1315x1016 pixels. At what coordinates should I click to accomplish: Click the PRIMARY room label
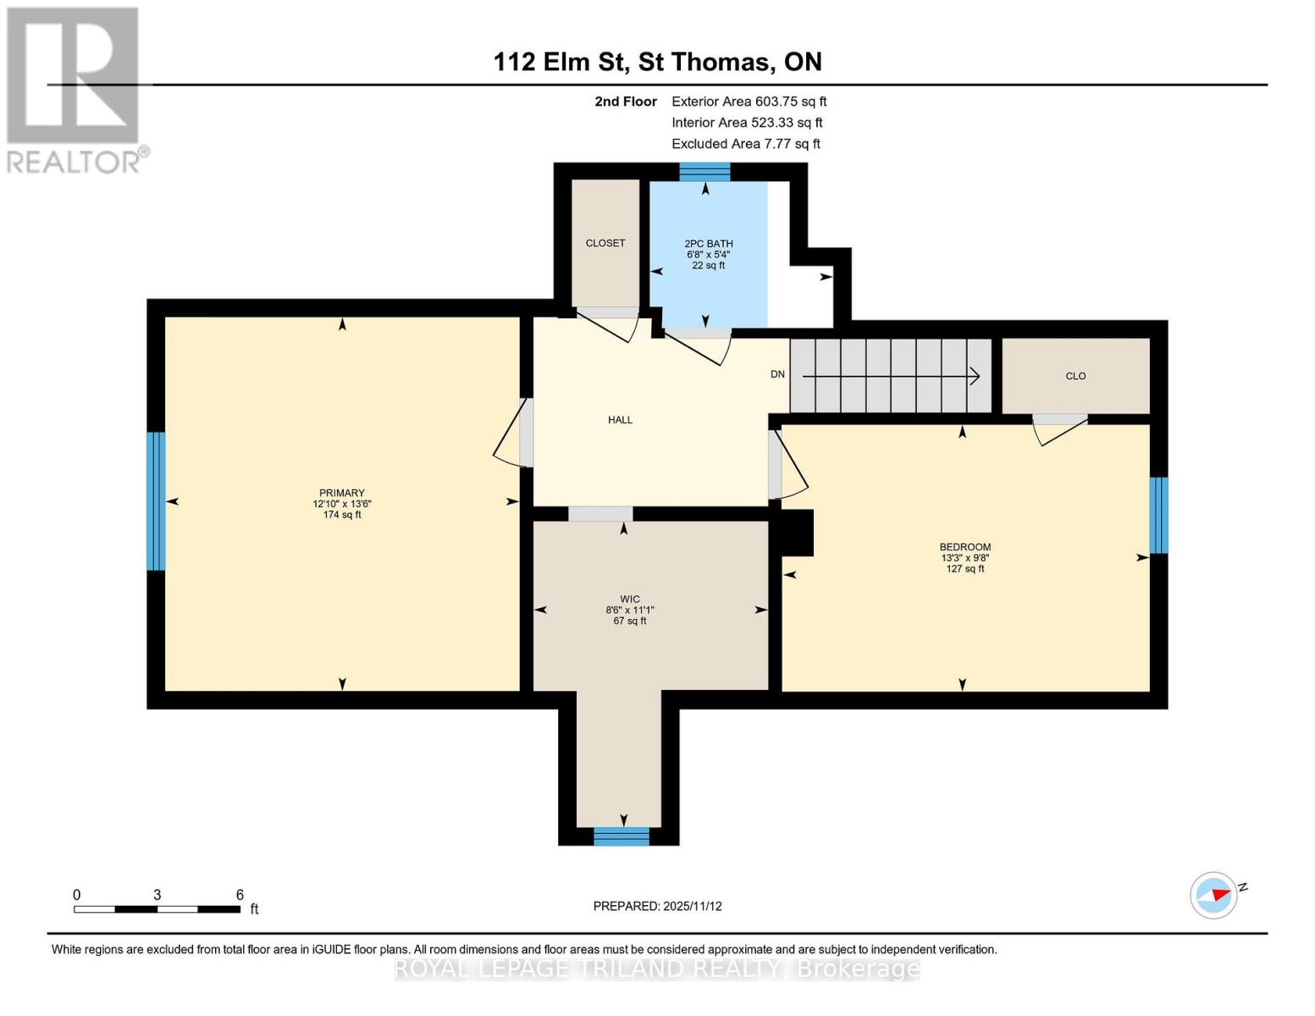click(341, 493)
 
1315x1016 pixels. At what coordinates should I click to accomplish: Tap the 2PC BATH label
click(708, 244)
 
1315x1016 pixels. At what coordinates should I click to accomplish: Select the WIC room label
click(629, 599)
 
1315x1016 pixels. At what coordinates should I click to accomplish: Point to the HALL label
click(620, 420)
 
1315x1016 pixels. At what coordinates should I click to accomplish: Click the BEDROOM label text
click(964, 547)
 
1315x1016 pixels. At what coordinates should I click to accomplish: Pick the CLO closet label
click(1075, 376)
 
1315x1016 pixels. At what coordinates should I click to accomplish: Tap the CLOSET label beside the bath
click(605, 243)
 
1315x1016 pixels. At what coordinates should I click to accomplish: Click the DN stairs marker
click(777, 374)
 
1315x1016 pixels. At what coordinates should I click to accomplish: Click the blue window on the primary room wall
click(156, 501)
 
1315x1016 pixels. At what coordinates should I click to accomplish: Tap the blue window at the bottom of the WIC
click(621, 837)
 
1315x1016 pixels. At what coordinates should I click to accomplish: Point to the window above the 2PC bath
click(704, 172)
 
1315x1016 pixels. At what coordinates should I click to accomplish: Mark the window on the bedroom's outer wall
click(1158, 515)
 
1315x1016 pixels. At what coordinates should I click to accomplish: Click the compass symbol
click(1214, 895)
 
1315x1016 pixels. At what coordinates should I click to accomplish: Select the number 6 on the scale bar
click(240, 895)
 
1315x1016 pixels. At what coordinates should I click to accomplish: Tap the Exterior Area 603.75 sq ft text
click(749, 102)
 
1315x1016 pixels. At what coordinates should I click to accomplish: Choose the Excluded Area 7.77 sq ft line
click(745, 144)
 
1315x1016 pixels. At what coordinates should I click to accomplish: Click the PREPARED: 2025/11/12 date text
click(657, 906)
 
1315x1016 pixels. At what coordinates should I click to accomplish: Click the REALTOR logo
click(75, 90)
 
